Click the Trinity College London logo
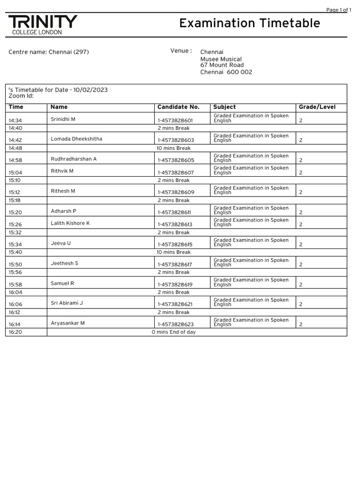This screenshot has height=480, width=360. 43,24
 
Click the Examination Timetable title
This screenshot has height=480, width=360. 249,23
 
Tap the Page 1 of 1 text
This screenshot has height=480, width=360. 338,10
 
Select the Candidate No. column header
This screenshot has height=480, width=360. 178,107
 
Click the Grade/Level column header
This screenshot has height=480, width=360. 317,107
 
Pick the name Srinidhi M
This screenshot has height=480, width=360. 63,119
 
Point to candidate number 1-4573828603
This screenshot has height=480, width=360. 175,140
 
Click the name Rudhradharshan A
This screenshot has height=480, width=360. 74,159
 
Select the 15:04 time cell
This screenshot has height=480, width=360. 15,172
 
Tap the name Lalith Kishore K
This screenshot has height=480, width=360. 70,223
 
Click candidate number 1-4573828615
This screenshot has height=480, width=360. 175,245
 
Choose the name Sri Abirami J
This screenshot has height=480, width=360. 67,303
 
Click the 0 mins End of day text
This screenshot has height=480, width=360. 173,332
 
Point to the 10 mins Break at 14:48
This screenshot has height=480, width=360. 173,148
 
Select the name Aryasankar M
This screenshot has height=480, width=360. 67,323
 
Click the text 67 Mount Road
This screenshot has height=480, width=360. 222,66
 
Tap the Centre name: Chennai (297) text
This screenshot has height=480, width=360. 49,52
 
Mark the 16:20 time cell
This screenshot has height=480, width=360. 15,332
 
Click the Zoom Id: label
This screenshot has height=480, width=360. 21,96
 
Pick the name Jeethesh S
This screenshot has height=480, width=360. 64,263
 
